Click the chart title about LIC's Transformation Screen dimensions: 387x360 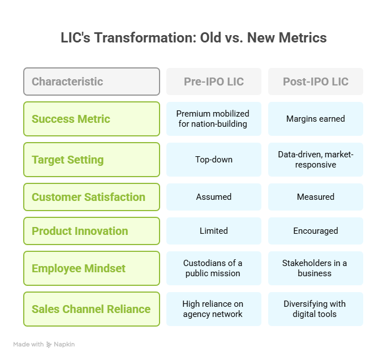193,38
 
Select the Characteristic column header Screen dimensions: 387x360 92,82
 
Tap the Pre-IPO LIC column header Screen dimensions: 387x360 214,82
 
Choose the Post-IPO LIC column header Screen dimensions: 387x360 315,82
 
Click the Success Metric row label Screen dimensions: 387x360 92,119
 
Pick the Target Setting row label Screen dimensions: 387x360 92,160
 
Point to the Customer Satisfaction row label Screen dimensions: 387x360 92,197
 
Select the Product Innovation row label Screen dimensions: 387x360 92,231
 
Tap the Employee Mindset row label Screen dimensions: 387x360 92,268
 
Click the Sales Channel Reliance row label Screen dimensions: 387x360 92,309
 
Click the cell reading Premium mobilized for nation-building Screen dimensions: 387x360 214,119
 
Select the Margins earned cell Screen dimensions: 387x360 315,119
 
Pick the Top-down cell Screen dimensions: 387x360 214,160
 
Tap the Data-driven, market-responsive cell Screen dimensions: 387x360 315,160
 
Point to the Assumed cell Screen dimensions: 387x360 214,197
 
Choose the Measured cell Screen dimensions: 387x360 315,197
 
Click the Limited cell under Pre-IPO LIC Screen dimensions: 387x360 214,231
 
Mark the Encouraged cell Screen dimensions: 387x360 315,231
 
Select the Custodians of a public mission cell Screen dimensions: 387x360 214,268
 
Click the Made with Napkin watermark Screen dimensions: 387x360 44,344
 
